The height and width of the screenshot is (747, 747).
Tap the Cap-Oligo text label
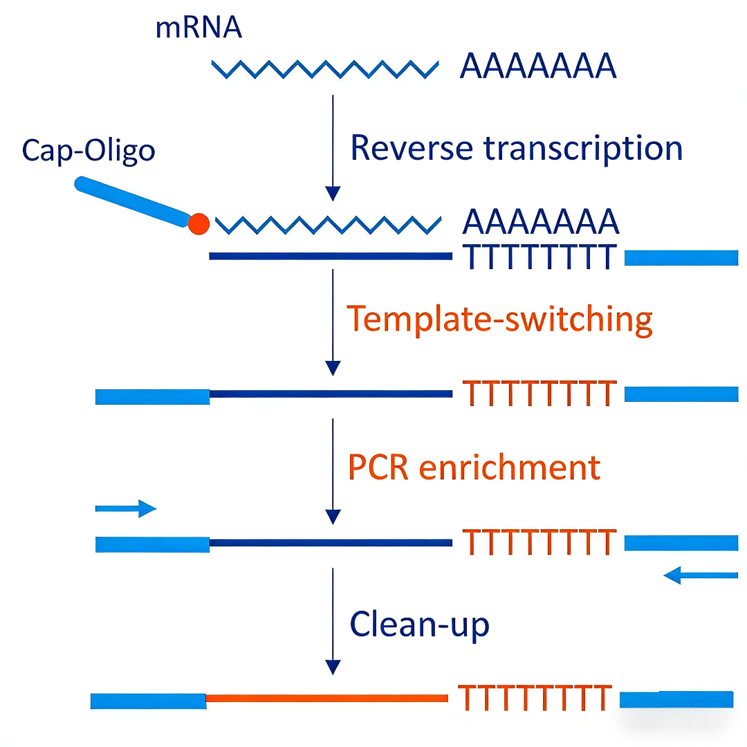88,149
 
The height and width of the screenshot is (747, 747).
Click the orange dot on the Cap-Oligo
199,224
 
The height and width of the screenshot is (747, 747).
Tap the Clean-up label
419,624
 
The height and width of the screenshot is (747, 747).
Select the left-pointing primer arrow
700,574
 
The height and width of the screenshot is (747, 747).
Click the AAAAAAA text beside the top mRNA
538,67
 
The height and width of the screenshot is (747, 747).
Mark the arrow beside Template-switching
333,322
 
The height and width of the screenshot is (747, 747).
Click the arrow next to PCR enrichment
333,471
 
